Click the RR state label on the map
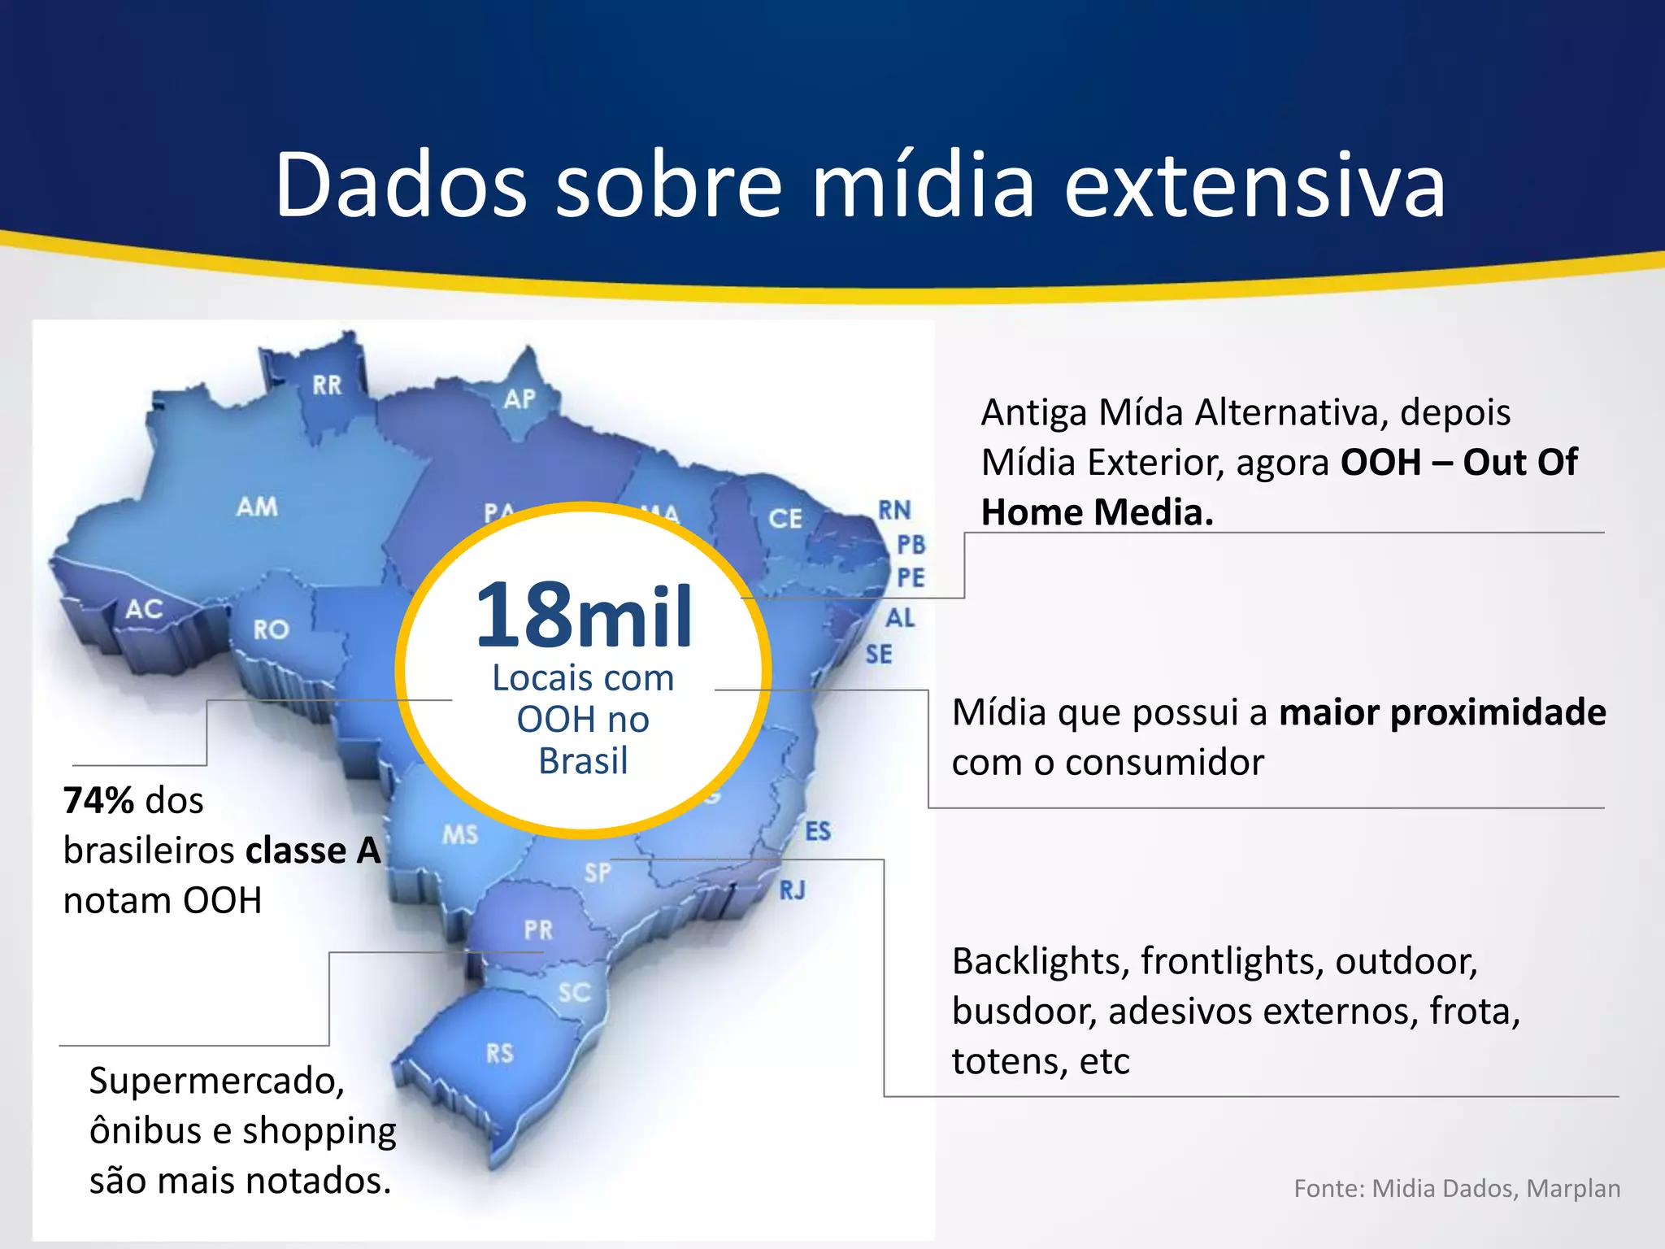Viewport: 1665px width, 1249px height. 328,385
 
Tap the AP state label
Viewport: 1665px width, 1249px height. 519,399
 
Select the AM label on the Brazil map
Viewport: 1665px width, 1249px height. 257,507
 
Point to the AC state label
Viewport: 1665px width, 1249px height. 144,609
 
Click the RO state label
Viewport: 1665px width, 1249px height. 271,629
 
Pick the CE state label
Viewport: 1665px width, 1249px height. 785,519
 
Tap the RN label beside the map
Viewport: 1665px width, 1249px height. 894,511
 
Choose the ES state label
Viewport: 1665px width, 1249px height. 818,832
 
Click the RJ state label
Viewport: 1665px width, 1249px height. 793,890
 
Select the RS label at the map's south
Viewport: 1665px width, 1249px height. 500,1054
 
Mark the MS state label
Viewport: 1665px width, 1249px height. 460,835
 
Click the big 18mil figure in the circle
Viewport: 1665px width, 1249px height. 584,616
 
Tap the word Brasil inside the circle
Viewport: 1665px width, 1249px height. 583,762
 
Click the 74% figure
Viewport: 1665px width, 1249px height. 98,801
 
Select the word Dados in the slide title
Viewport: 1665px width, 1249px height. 401,185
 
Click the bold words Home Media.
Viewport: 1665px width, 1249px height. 1097,512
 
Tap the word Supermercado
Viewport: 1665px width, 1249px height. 217,1081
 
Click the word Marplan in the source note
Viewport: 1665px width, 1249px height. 1573,1189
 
